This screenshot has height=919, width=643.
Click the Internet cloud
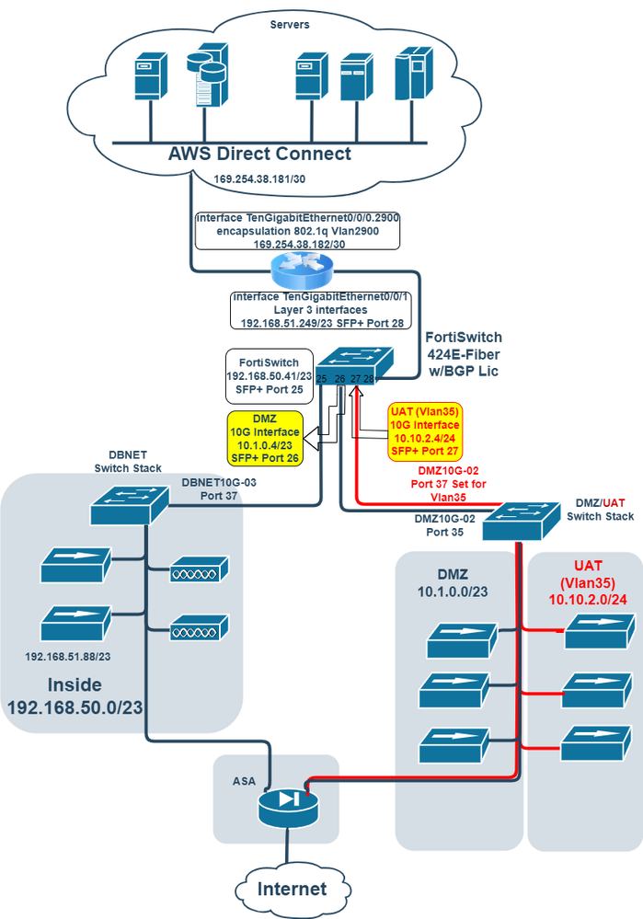point(291,889)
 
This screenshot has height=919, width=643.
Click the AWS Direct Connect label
point(260,154)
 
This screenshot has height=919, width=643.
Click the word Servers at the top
point(289,24)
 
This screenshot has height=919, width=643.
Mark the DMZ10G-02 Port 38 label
point(444,525)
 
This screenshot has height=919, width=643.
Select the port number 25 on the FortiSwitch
point(322,379)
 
